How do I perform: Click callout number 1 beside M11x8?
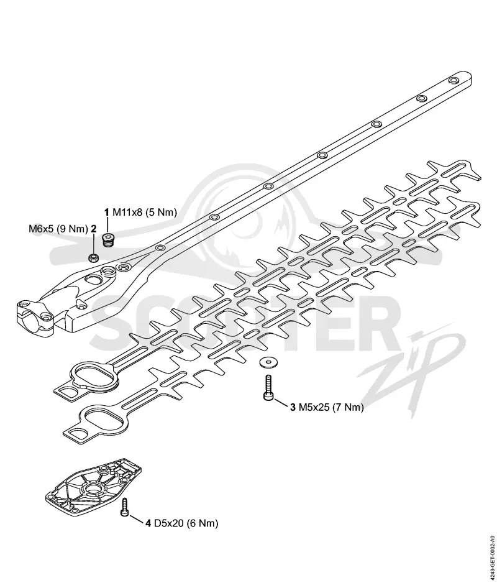pos(107,213)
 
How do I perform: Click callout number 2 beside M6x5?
pos(94,228)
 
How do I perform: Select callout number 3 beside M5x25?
pos(293,408)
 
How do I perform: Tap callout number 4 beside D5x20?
pos(148,523)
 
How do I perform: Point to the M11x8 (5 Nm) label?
pos(145,213)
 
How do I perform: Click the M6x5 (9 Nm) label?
pos(58,228)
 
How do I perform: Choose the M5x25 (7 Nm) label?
pos(331,408)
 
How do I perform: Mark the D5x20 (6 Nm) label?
pos(186,523)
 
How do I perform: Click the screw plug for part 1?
pos(109,239)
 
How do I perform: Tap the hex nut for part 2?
pos(93,257)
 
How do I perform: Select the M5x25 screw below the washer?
pos(268,388)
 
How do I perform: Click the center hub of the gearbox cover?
pos(91,487)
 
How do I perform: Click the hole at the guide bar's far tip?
pos(454,80)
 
